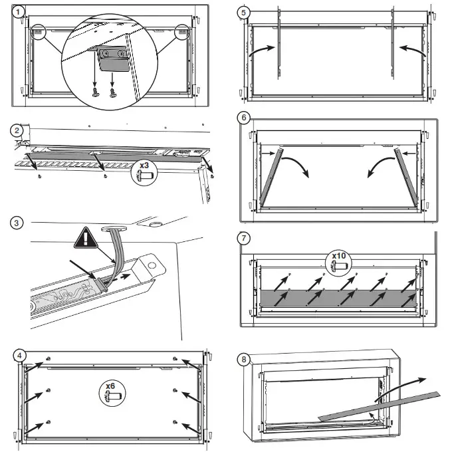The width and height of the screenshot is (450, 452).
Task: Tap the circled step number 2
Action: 18,130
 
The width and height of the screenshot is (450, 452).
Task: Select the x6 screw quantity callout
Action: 110,391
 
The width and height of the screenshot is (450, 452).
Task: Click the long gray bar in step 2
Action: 106,156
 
